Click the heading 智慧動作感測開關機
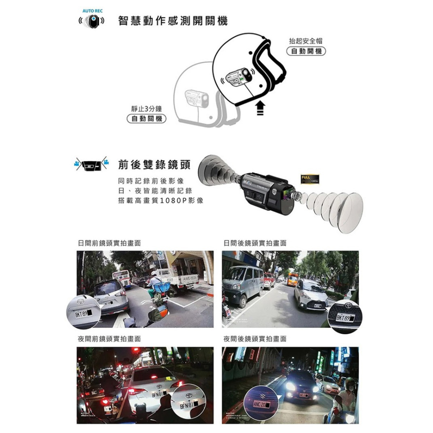coord(173,21)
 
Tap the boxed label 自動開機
coord(306,52)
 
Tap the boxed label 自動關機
coord(146,118)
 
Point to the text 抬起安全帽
coord(306,41)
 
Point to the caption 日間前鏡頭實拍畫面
coord(107,244)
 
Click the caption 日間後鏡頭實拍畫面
coord(255,244)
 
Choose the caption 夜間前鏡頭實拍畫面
coord(107,339)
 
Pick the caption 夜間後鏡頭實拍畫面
coord(255,339)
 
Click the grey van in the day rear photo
coord(243,284)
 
